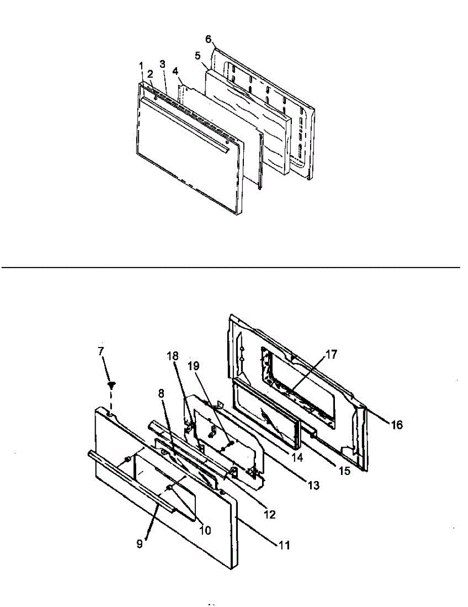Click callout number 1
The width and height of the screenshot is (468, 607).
[141, 65]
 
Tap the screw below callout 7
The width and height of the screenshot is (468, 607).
[111, 384]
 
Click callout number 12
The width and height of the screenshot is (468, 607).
[269, 514]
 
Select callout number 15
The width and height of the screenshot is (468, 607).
[344, 470]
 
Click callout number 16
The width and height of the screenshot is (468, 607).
[397, 425]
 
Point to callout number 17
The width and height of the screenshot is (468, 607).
[332, 355]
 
